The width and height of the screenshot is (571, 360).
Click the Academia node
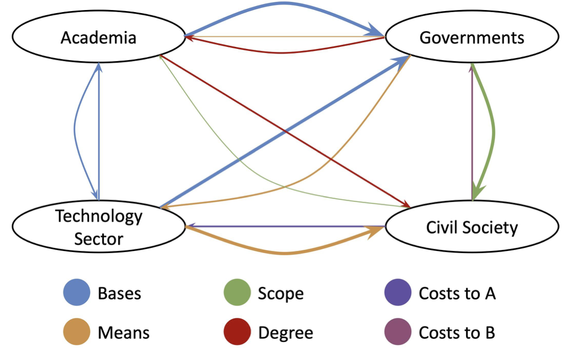(99, 38)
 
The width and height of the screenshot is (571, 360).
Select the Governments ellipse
(471, 38)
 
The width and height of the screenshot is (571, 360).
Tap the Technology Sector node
(99, 227)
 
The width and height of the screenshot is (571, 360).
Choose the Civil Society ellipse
(471, 227)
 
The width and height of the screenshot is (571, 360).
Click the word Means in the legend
(123, 333)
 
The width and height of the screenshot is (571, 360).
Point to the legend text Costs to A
(457, 293)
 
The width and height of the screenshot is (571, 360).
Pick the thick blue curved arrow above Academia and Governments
(284, 4)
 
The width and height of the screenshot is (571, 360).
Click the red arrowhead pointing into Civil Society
(407, 204)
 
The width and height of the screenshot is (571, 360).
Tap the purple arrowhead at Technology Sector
(192, 226)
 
